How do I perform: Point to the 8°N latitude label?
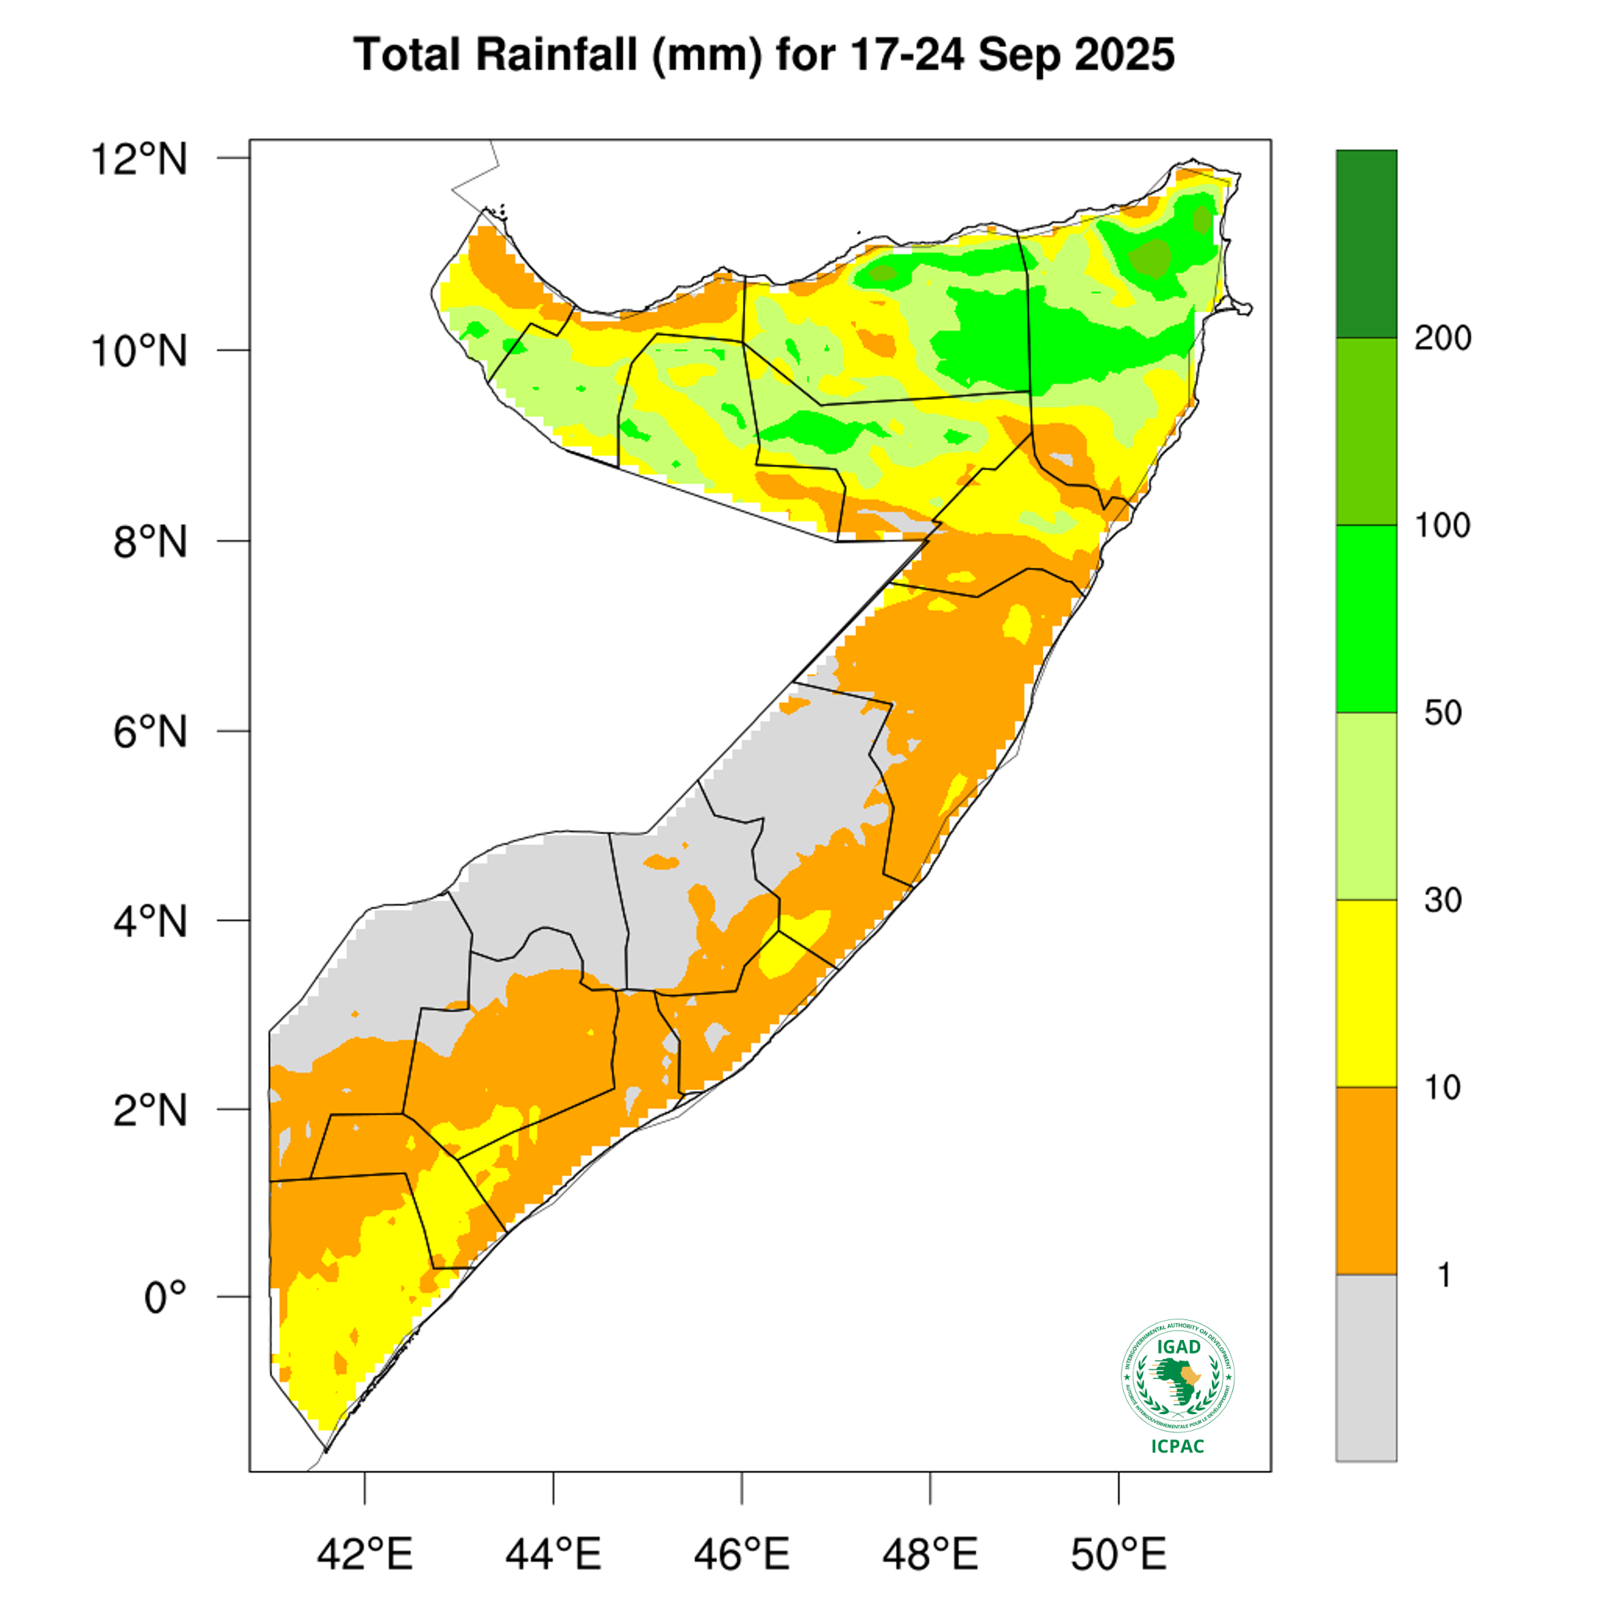pyautogui.click(x=149, y=542)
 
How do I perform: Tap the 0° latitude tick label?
pyautogui.click(x=166, y=1298)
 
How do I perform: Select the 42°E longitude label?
pyautogui.click(x=365, y=1555)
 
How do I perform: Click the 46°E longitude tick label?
pyautogui.click(x=742, y=1555)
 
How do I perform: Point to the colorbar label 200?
pyautogui.click(x=1443, y=338)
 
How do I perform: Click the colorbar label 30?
pyautogui.click(x=1443, y=900)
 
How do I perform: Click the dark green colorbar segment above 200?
pyautogui.click(x=1367, y=243)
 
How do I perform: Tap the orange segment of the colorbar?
pyautogui.click(x=1367, y=1180)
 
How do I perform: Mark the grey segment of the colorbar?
pyautogui.click(x=1367, y=1367)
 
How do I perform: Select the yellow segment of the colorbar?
pyautogui.click(x=1367, y=994)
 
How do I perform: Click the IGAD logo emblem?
pyautogui.click(x=1178, y=1377)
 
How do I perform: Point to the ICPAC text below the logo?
pyautogui.click(x=1178, y=1446)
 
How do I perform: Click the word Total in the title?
pyautogui.click(x=407, y=55)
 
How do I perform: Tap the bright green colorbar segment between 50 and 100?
pyautogui.click(x=1367, y=619)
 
